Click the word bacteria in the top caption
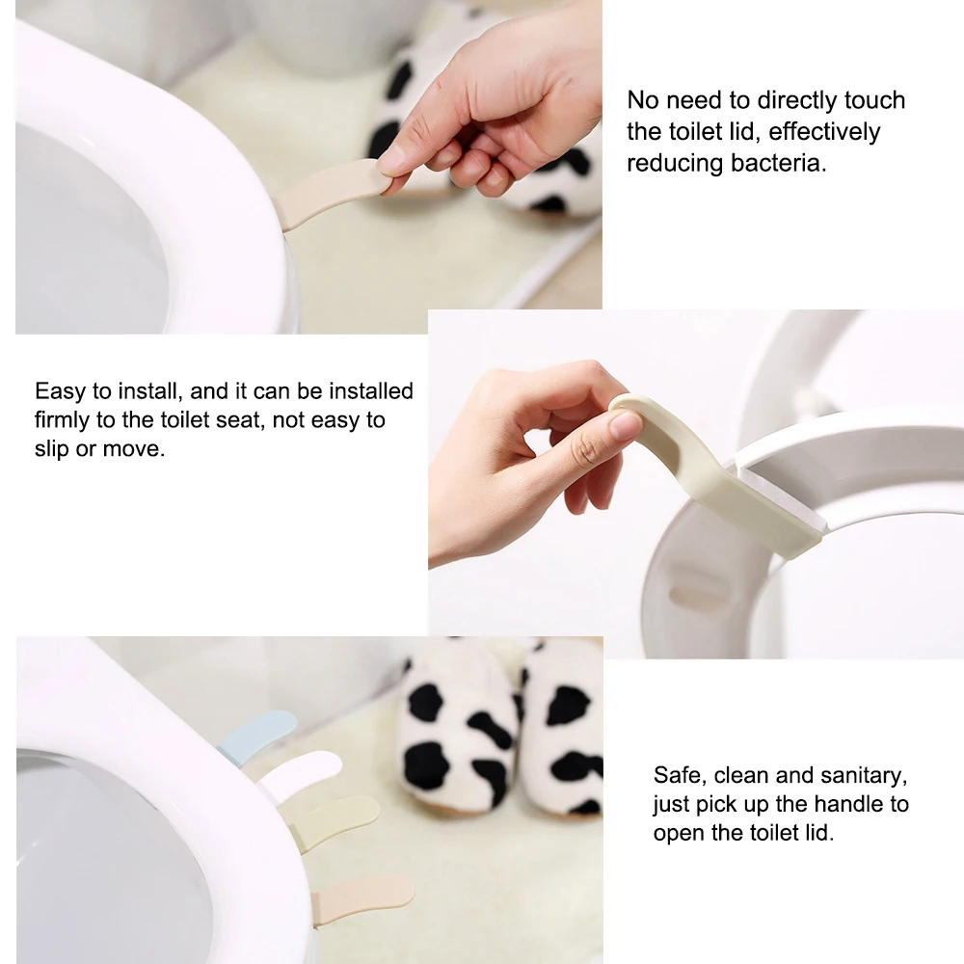point(779,163)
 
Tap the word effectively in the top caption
point(824,131)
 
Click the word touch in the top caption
point(875,100)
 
